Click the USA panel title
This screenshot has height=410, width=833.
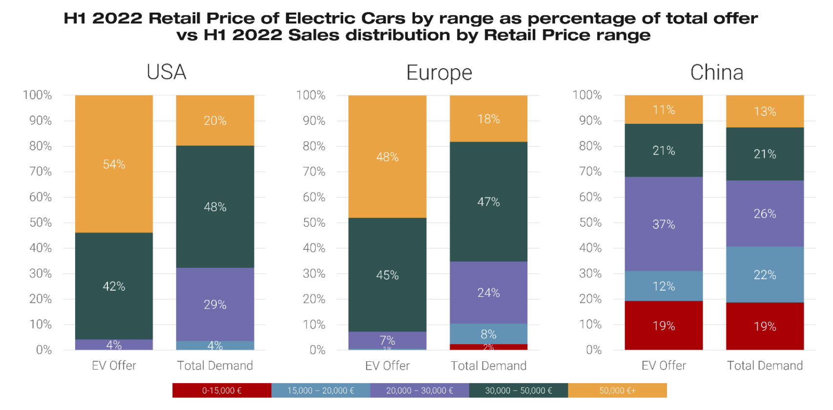click(x=166, y=72)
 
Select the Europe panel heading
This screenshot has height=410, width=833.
click(x=439, y=73)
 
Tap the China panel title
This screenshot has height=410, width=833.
click(x=716, y=73)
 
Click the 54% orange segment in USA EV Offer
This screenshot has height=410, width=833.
click(x=114, y=164)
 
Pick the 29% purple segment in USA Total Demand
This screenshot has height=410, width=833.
click(x=215, y=305)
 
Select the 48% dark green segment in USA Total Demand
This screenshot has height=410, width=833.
click(x=215, y=207)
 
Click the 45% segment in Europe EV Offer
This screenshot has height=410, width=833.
click(x=387, y=275)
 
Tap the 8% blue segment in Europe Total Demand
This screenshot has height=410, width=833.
click(x=488, y=334)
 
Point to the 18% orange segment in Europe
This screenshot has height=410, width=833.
click(x=488, y=119)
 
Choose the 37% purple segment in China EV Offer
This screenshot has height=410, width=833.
click(x=664, y=224)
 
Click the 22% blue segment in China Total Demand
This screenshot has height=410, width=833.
click(x=765, y=275)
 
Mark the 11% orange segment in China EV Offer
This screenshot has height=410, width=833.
click(x=664, y=110)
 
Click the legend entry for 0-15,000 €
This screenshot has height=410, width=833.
click(x=222, y=390)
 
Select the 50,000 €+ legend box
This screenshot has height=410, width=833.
click(x=617, y=390)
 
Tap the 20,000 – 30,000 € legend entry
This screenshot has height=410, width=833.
click(x=419, y=390)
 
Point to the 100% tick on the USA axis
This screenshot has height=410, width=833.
click(x=37, y=95)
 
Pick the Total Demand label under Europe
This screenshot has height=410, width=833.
click(x=488, y=366)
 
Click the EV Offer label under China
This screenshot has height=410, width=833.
click(x=664, y=366)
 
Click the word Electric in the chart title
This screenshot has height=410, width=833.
click(x=320, y=19)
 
